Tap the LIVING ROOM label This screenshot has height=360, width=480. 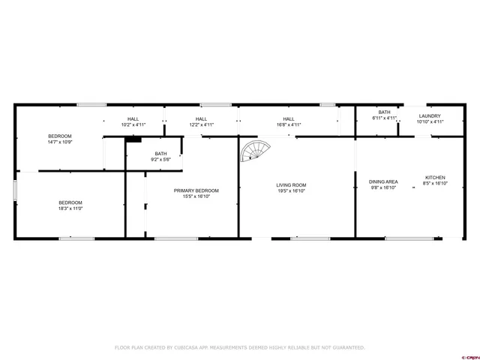pos(291,185)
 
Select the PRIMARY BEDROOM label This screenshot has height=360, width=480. pos(196,190)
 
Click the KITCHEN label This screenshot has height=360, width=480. pos(436,177)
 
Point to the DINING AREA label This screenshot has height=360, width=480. pos(383,181)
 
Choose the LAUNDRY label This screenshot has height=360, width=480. pos(430,115)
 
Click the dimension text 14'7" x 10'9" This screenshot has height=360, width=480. pos(59,142)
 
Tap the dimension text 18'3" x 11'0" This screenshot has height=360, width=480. pos(70,208)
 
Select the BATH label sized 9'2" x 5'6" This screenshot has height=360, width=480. pos(161,154)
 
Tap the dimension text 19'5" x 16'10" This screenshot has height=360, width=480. pos(291,191)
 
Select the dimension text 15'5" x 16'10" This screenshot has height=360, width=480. pos(196,196)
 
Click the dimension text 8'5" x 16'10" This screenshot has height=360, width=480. pos(436,183)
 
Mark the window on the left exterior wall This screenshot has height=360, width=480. pos(15,189)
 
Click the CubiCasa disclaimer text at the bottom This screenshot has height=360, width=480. pos(240,347)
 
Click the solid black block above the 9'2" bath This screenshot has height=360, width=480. pos(133,138)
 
